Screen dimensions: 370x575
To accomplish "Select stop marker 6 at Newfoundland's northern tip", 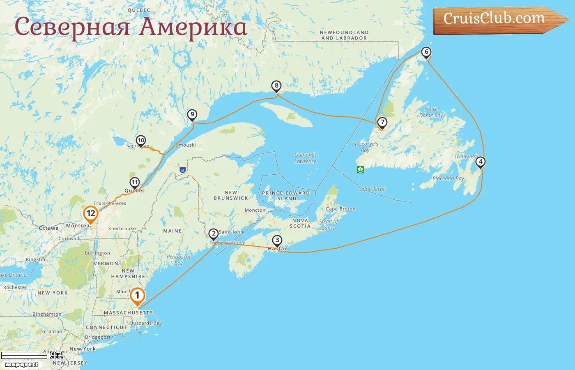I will (426, 52).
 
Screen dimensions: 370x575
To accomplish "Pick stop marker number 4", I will (480, 162).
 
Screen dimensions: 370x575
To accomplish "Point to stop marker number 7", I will (382, 123).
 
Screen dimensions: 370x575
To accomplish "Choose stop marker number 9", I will (192, 115).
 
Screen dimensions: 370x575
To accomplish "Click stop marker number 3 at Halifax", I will (277, 240).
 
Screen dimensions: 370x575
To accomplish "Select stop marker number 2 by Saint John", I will (213, 234).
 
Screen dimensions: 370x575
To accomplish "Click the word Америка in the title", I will (193, 27).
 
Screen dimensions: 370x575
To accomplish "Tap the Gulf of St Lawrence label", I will (306, 158).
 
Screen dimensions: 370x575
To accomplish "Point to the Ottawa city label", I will (48, 228).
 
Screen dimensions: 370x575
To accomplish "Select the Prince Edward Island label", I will (286, 196).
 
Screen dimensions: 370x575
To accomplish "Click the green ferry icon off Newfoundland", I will (361, 169).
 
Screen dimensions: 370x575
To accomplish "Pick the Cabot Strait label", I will (372, 189).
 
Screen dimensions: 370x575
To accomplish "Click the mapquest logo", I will (22, 365).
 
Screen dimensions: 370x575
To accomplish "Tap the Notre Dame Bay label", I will (431, 112).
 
